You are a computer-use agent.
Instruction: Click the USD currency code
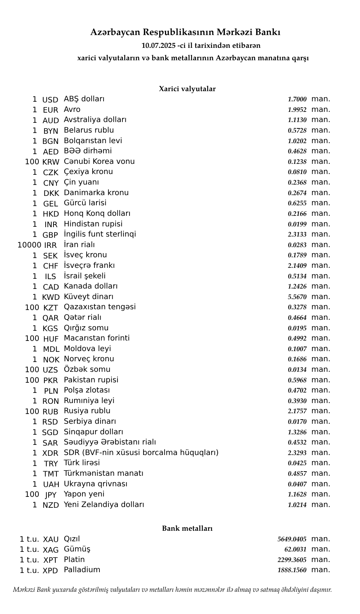point(50,100)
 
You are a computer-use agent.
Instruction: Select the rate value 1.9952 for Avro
point(297,110)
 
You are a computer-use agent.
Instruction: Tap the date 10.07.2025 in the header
point(159,46)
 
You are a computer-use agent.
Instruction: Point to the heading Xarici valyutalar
point(187,89)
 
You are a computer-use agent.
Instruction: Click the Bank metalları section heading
point(187,528)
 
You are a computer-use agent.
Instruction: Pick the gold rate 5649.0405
point(292,539)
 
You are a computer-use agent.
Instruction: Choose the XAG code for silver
point(50,550)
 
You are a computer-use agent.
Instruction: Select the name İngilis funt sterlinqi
point(100,234)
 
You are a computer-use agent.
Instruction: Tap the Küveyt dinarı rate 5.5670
point(297,297)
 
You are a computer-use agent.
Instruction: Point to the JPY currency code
point(50,495)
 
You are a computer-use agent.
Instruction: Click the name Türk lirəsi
point(82,463)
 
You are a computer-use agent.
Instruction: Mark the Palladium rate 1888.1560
point(292,570)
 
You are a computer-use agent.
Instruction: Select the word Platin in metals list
point(74,559)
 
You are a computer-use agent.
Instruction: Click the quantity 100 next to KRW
point(32,162)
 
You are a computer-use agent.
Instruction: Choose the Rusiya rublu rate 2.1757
point(297,411)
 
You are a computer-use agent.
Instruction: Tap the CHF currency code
point(50,266)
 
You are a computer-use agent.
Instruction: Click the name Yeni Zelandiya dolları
point(104,504)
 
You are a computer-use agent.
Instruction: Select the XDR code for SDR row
point(50,453)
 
